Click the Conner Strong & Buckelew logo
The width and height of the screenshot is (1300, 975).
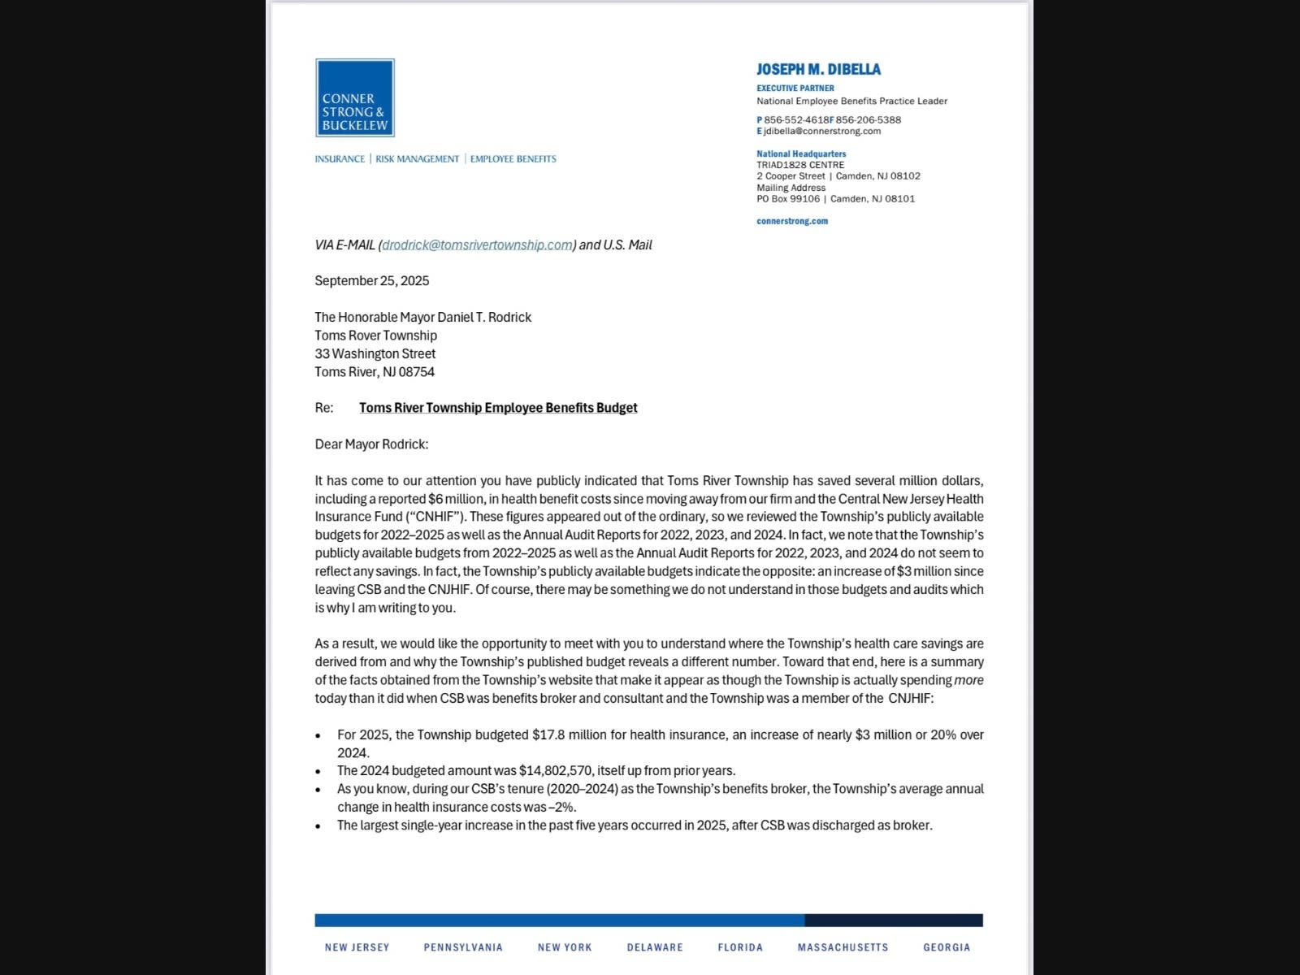click(x=355, y=97)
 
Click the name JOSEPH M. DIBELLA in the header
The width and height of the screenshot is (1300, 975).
click(x=818, y=70)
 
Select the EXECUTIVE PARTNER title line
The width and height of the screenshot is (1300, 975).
click(x=795, y=88)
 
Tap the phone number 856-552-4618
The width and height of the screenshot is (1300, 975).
click(x=795, y=119)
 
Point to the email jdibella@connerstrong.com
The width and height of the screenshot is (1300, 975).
click(x=822, y=131)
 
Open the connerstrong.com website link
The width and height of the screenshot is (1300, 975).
click(x=792, y=221)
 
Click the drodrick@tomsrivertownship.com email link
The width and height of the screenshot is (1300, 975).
click(x=477, y=245)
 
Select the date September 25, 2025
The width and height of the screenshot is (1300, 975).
click(x=372, y=280)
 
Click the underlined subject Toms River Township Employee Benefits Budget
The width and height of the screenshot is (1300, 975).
click(x=498, y=408)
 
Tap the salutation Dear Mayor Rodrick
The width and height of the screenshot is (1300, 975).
click(x=371, y=444)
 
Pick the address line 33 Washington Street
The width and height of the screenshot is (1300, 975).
click(x=375, y=353)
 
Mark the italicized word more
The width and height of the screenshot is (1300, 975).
click(x=968, y=680)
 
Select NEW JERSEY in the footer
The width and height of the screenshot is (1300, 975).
click(x=357, y=947)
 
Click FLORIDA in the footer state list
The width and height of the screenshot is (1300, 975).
click(x=740, y=947)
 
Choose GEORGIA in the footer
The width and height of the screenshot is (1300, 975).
click(x=947, y=947)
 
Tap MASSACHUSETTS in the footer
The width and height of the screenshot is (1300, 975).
click(x=843, y=947)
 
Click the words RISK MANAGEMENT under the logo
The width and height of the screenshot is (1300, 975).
click(x=417, y=159)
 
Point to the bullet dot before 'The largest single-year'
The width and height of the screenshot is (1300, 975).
click(x=318, y=826)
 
